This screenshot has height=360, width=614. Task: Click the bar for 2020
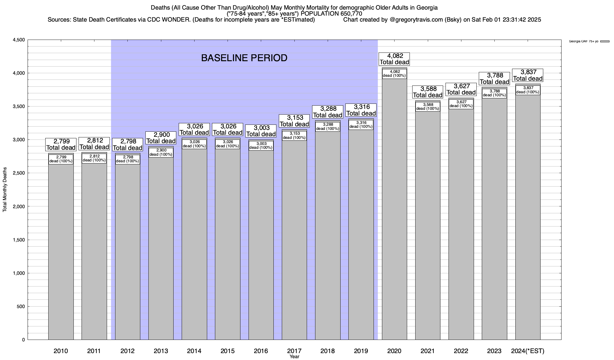coord(394,210)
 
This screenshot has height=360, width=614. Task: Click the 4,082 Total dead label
coord(394,59)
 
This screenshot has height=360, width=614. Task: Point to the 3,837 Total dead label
coord(528,75)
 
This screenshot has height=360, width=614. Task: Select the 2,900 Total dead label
coord(161,138)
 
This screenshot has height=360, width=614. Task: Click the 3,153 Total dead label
coord(294,121)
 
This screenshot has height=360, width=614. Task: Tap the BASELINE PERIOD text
coord(244,58)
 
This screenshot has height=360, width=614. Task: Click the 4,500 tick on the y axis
coord(19,40)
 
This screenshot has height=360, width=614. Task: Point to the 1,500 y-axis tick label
coord(19,240)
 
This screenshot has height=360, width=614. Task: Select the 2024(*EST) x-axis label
coord(528,351)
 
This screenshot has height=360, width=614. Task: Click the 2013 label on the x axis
coord(161,351)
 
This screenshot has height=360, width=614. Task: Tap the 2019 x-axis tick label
coord(361,351)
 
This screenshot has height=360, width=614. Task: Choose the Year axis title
coord(294,357)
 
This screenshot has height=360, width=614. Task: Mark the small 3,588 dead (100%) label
coord(428,106)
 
